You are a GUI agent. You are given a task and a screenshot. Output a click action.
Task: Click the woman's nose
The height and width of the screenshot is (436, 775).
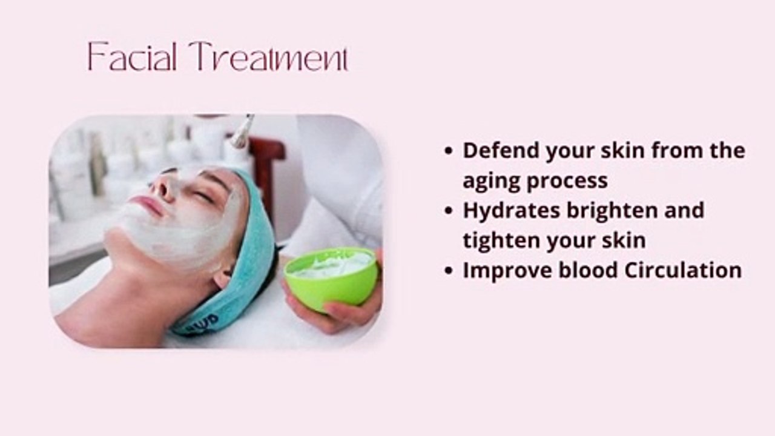click(x=163, y=187)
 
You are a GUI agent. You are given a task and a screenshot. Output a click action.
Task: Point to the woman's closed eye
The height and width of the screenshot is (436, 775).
click(x=203, y=196)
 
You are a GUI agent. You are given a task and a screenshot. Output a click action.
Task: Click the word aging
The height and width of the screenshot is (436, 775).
click(x=490, y=181)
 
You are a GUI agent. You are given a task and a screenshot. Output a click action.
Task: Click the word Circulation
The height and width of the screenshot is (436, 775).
click(x=682, y=270)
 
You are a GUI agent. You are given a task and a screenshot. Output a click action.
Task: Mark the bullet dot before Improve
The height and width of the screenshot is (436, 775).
click(x=448, y=271)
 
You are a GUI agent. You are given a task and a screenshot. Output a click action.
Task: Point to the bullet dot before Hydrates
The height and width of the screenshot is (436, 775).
click(x=448, y=211)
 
